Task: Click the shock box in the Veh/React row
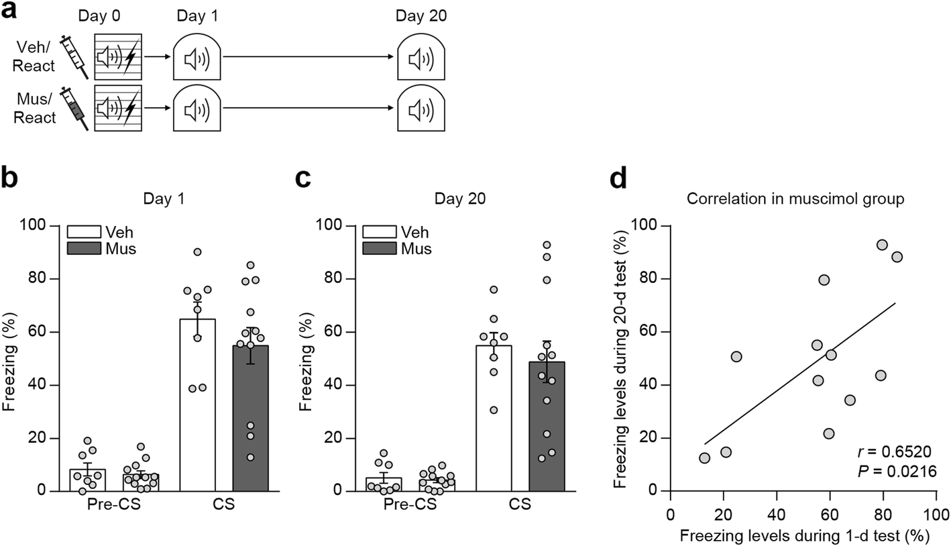click(118, 58)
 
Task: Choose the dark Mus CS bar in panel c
click(547, 426)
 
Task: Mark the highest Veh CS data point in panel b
click(198, 252)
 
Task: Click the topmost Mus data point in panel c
click(547, 245)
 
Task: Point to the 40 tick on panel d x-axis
click(776, 513)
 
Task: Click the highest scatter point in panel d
click(882, 245)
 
